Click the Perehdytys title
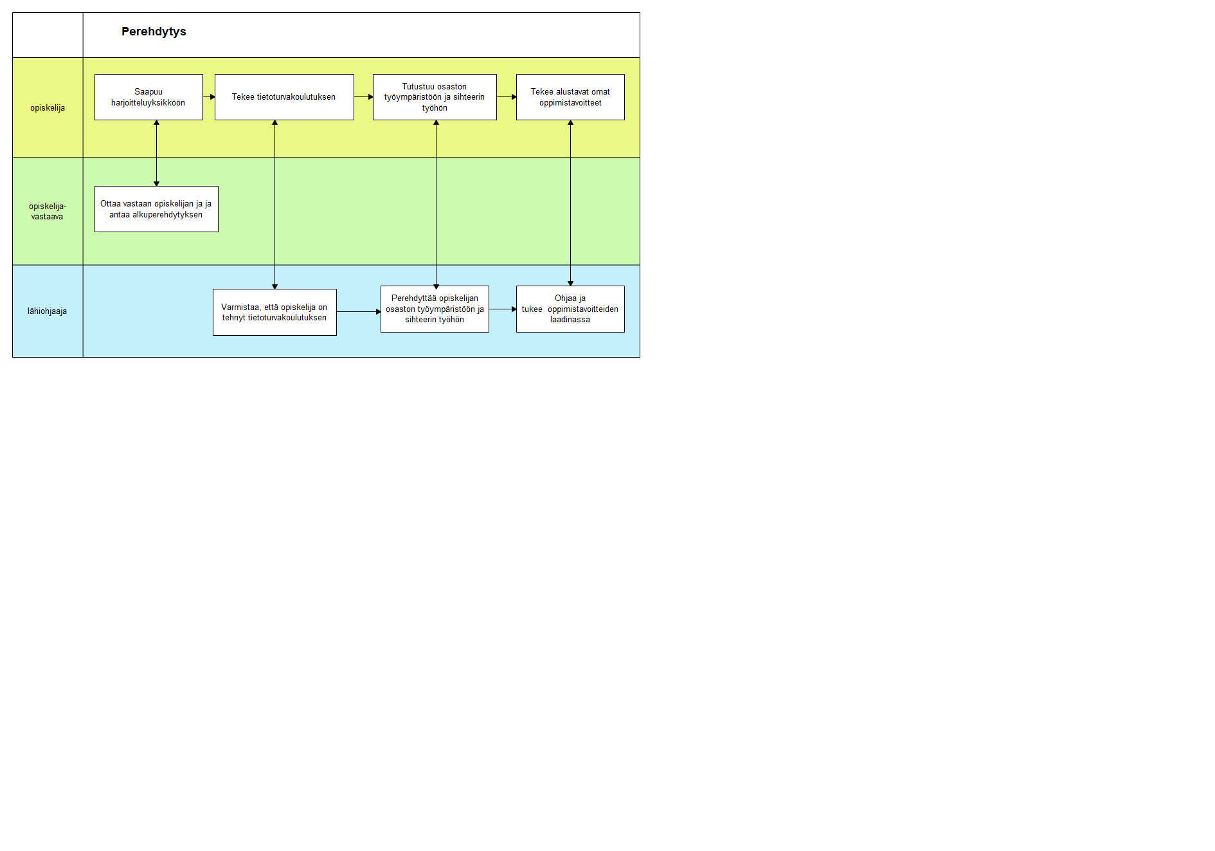pyautogui.click(x=154, y=32)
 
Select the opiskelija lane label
pyautogui.click(x=48, y=108)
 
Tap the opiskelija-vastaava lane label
pyautogui.click(x=48, y=212)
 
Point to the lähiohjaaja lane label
pyautogui.click(x=47, y=311)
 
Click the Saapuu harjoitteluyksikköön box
pyautogui.click(x=148, y=97)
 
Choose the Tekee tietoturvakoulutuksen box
pyautogui.click(x=284, y=97)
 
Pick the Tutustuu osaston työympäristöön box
pyautogui.click(x=435, y=97)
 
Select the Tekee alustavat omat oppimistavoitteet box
pyautogui.click(x=570, y=97)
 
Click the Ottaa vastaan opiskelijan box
pyautogui.click(x=156, y=209)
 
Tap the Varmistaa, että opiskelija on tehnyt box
pyautogui.click(x=274, y=312)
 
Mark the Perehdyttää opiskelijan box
pyautogui.click(x=435, y=309)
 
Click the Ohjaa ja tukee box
pyautogui.click(x=570, y=309)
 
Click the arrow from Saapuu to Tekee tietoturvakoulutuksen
pyautogui.click(x=209, y=97)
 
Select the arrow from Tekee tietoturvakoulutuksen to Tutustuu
pyautogui.click(x=364, y=97)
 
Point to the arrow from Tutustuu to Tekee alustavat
pyautogui.click(x=507, y=97)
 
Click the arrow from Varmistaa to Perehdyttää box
pyautogui.click(x=359, y=312)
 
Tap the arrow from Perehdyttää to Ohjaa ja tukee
pyautogui.click(x=503, y=309)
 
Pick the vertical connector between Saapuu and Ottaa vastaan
pyautogui.click(x=156, y=153)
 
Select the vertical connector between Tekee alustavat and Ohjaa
pyautogui.click(x=570, y=203)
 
